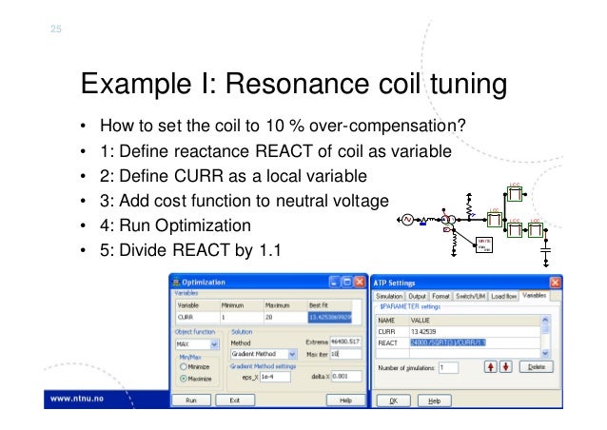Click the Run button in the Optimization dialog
click(190, 401)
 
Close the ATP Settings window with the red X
click(556, 282)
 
